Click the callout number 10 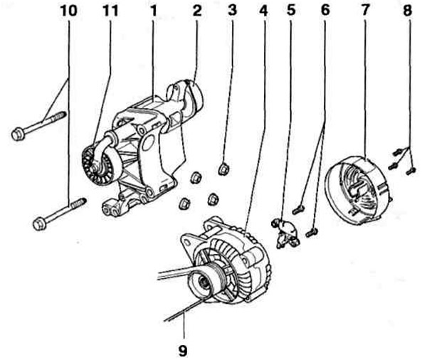(69, 11)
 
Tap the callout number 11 (110, 11)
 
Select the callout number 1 (154, 11)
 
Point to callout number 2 (197, 11)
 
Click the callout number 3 (232, 11)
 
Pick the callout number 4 (263, 11)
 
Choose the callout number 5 (291, 11)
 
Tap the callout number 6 (325, 11)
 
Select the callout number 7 (364, 11)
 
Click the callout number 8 (407, 11)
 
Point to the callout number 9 (183, 351)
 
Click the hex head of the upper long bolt (17, 134)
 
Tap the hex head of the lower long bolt (39, 224)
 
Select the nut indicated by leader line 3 (224, 169)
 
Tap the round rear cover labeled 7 (359, 190)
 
